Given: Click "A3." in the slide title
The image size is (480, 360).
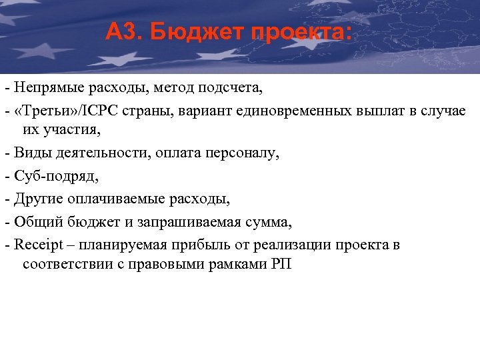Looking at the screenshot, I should [123, 31].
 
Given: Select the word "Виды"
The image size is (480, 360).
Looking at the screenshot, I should [27, 153].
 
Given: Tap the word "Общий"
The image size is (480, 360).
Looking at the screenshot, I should [32, 221].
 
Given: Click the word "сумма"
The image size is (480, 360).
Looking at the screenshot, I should [270, 221].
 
